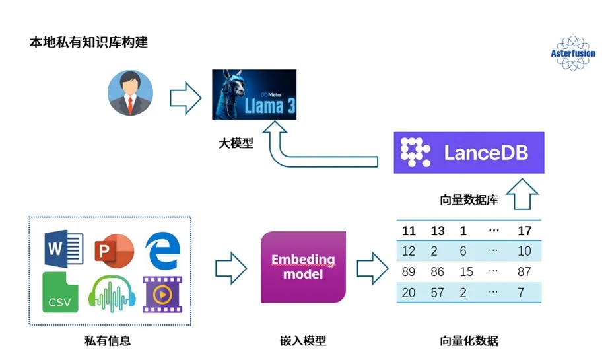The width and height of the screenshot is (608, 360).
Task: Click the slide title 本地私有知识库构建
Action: coord(89,43)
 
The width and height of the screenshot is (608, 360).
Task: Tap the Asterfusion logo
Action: coord(572,54)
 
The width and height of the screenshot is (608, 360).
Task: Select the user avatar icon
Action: coord(130,93)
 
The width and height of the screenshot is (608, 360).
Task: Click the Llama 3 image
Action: coord(253,94)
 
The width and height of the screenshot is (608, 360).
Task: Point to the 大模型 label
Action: coord(236,143)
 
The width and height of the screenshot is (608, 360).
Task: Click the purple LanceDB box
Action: coord(469,153)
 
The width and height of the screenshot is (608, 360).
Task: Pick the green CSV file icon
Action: coord(60,293)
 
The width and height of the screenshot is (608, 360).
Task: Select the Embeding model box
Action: coord(304,267)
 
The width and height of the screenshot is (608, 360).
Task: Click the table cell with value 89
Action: coord(409,271)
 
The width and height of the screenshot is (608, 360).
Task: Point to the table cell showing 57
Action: coord(438,292)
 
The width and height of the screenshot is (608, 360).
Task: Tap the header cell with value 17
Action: coord(525,231)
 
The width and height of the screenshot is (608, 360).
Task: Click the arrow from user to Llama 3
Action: coord(186,98)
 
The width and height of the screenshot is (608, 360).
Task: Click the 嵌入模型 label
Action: coord(303,341)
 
